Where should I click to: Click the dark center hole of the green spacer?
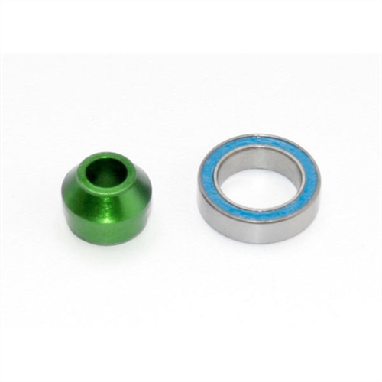(107, 173)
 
